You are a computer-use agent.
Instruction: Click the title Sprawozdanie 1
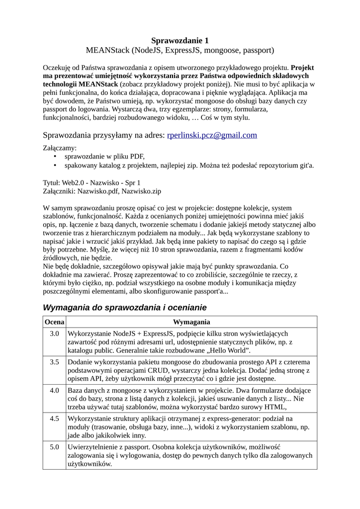[180, 41]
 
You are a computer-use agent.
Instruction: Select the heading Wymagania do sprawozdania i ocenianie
[124, 307]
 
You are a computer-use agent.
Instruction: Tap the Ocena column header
[54, 322]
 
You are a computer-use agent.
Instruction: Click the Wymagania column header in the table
[191, 322]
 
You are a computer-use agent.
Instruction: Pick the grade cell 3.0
[54, 333]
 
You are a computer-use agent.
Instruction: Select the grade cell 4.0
[54, 390]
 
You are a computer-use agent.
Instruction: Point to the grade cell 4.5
[54, 419]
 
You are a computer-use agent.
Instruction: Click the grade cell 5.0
[54, 447]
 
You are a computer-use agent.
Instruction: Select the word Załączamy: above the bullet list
[60, 148]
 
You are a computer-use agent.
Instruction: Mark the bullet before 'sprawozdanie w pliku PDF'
[55, 157]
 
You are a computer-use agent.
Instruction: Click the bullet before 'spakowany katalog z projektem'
[55, 166]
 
